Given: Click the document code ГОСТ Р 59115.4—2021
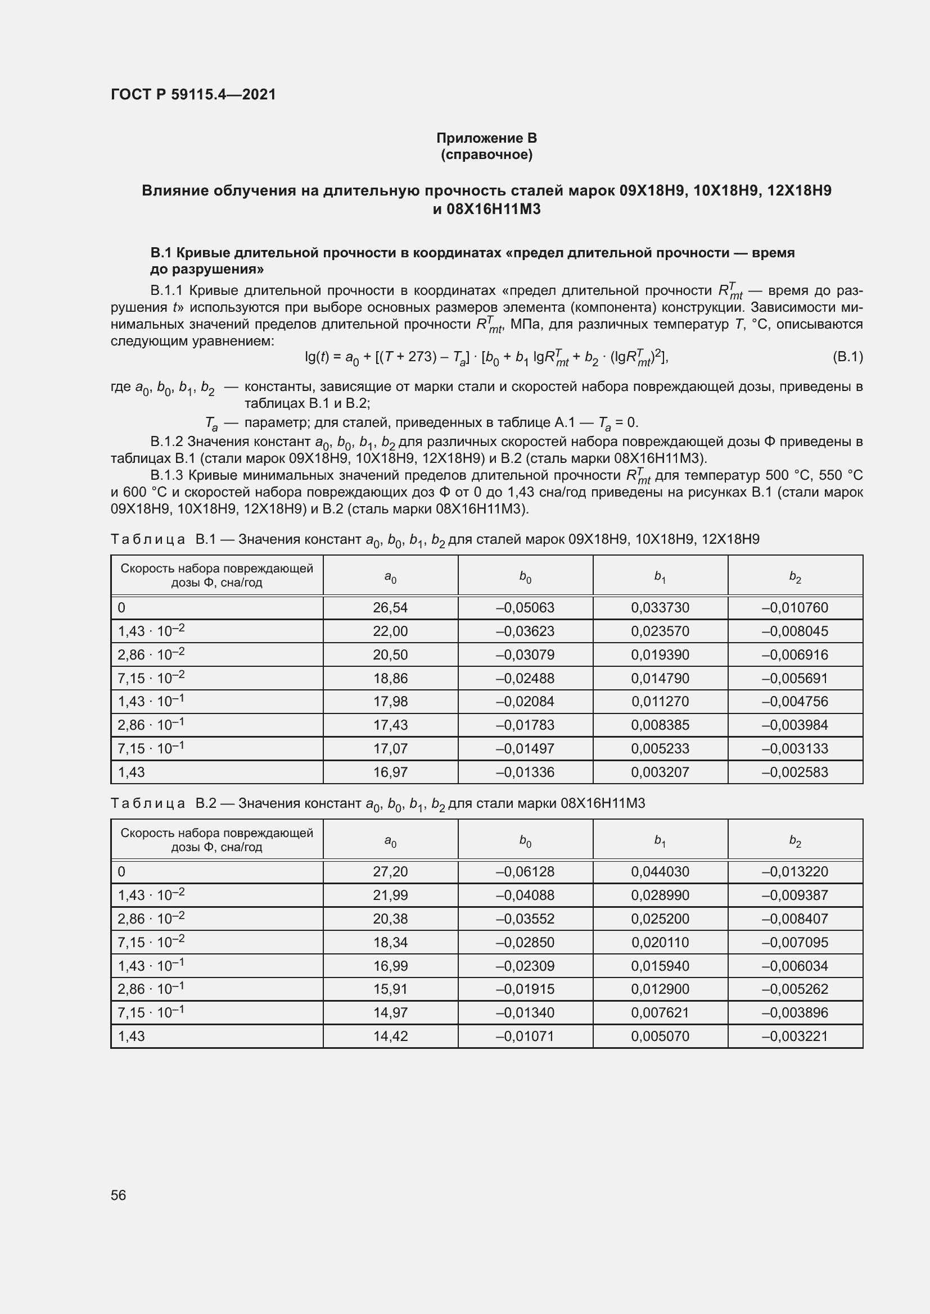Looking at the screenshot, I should [x=193, y=94].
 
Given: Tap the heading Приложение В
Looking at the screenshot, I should [x=486, y=138].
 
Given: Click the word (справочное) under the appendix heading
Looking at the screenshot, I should [x=486, y=154].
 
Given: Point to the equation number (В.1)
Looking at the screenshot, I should [x=847, y=357].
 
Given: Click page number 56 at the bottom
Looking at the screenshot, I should [x=119, y=1195].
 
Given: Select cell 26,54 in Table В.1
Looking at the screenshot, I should [x=390, y=608].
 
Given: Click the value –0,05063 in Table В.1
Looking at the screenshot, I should [x=525, y=608].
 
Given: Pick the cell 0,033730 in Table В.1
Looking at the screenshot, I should [x=660, y=608].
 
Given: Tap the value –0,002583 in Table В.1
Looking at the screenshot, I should [x=795, y=772].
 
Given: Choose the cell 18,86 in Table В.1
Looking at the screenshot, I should [x=390, y=678].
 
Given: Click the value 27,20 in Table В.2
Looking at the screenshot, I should [x=390, y=872].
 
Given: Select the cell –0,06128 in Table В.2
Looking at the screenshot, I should [x=525, y=872].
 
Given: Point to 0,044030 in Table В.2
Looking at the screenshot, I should [x=660, y=872].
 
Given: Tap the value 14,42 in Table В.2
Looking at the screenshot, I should [x=390, y=1036].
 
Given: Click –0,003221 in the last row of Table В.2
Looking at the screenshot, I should [x=795, y=1036].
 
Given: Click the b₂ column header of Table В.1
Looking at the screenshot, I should [x=795, y=577].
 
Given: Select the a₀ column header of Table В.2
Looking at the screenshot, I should [x=390, y=841].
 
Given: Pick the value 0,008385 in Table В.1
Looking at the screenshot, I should [x=660, y=725].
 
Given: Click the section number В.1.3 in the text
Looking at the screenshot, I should [x=167, y=476].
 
